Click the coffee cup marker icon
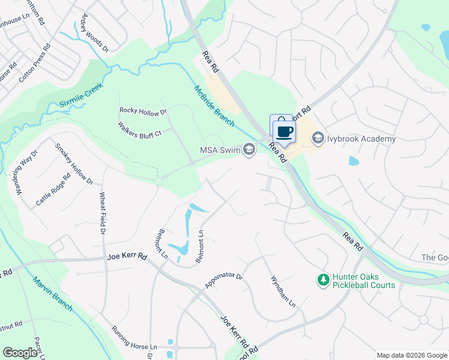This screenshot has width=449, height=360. tap(285, 131)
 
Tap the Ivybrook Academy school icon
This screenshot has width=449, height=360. tap(318, 139)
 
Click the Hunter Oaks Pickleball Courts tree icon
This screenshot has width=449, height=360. tap(323, 280)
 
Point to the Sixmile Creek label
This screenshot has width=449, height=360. tap(82, 96)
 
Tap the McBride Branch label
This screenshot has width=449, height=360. tap(214, 105)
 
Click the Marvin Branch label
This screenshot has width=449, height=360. tap(53, 294)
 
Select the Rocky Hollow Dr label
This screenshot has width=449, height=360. tap(143, 110)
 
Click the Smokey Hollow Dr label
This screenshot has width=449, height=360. tap(74, 163)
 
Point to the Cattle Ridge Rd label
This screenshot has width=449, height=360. tap(53, 190)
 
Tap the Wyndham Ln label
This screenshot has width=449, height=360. tap(283, 292)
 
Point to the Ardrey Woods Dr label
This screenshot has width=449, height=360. tap(95, 32)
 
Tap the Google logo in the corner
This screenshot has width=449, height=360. tap(20, 353)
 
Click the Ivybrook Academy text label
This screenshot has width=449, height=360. tap(361, 139)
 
